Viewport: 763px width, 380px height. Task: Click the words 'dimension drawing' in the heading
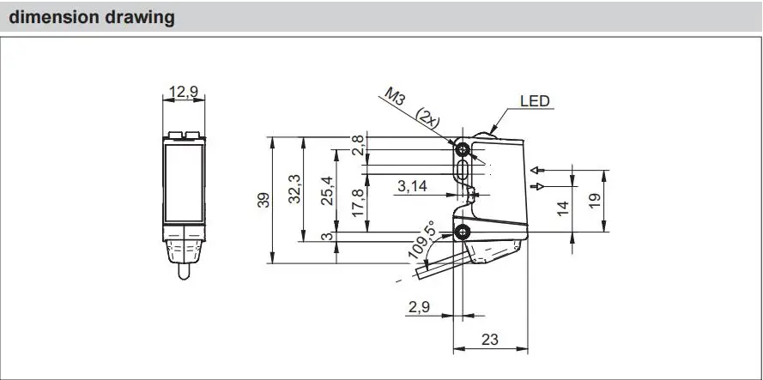click(x=92, y=17)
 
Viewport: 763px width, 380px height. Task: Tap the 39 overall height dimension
click(x=263, y=199)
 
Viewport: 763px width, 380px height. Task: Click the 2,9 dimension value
click(x=420, y=305)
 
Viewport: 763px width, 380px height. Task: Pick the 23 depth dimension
click(x=489, y=339)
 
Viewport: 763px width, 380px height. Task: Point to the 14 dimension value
click(x=563, y=208)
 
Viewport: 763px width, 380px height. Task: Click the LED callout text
click(x=535, y=101)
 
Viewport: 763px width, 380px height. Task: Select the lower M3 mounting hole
click(x=463, y=232)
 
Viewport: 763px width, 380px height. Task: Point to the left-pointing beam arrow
click(x=536, y=169)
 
